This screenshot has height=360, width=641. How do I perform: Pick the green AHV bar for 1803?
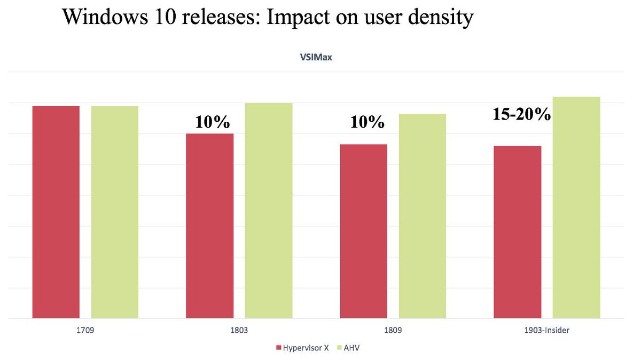click(269, 210)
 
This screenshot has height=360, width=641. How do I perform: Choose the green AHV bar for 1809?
click(423, 216)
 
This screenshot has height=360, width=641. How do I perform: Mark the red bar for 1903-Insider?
click(518, 232)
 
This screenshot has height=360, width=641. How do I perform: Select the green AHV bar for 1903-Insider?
click(576, 208)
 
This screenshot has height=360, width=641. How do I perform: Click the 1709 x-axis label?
click(85, 331)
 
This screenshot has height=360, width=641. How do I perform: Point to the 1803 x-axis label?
click(239, 331)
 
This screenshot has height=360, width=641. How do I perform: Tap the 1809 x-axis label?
click(393, 331)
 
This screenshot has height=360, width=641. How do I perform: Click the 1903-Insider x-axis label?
click(546, 331)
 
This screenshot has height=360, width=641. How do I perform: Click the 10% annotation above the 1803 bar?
click(212, 122)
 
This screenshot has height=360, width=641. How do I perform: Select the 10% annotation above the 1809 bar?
click(367, 122)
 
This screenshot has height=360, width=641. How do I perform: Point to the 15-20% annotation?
click(521, 114)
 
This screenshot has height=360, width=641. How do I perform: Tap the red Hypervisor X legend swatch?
click(278, 348)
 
